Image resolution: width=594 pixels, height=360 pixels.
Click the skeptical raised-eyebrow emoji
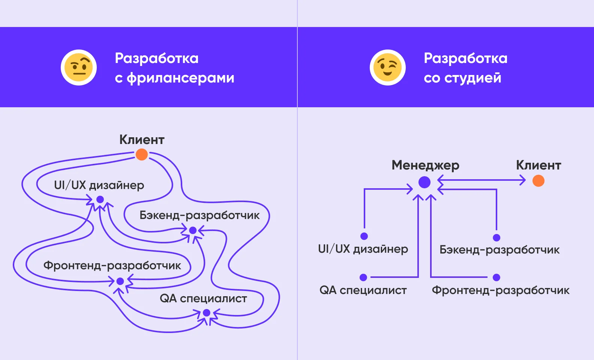(79, 67)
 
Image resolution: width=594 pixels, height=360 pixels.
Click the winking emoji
(387, 67)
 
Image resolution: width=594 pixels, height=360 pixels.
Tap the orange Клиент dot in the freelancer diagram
(141, 154)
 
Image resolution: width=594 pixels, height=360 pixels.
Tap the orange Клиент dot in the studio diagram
(538, 181)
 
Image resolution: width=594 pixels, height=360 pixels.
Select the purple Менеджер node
(424, 182)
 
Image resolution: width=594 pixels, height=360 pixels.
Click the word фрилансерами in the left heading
(180, 78)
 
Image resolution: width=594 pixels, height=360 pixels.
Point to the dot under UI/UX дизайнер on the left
(100, 199)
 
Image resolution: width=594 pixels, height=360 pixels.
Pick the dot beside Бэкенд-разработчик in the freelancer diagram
(193, 230)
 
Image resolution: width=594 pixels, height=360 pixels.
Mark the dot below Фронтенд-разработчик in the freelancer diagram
(120, 281)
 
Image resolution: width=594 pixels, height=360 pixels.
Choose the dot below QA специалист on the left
(206, 313)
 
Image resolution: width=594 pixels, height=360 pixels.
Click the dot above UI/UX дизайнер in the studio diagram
(364, 236)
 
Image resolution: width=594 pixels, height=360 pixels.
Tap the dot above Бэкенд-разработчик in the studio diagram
(496, 237)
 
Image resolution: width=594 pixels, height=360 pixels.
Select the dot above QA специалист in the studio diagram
(363, 277)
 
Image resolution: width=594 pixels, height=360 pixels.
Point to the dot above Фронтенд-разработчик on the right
(496, 277)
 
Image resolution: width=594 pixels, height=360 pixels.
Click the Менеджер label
(425, 165)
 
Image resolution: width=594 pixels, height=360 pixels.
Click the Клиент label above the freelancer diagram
(142, 139)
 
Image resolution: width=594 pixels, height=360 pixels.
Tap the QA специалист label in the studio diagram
(363, 290)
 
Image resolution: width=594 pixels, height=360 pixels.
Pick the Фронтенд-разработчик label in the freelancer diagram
(112, 265)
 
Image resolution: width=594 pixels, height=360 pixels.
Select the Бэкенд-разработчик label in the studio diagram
(499, 250)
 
